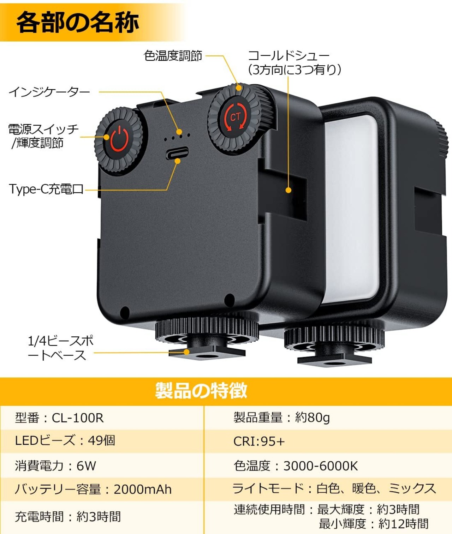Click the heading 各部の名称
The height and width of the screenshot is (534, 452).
(x=78, y=22)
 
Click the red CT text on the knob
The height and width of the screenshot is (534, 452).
(x=235, y=118)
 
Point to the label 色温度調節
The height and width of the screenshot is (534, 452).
(x=173, y=55)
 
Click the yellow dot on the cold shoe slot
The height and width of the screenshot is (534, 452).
(x=289, y=190)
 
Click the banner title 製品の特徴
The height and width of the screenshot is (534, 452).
(x=201, y=391)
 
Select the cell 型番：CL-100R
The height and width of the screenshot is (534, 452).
(x=59, y=418)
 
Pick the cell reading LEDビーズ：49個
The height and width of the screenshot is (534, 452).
(x=65, y=440)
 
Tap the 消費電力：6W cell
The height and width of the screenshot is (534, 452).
(x=55, y=466)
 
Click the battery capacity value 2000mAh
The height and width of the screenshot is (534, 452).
(x=143, y=490)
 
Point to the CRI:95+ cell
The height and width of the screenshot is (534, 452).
(x=259, y=441)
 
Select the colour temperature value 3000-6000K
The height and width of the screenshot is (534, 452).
(x=321, y=466)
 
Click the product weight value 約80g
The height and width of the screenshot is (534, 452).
(x=313, y=418)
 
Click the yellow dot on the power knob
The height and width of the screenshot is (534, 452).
(x=106, y=137)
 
